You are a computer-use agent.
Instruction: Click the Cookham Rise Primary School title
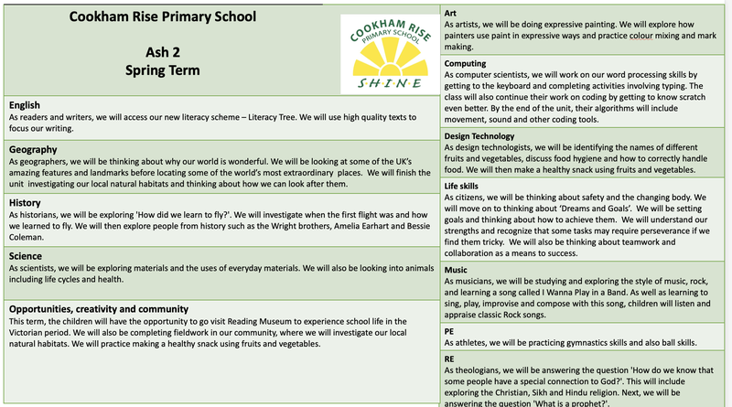[x=164, y=16]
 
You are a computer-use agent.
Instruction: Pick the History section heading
[x=26, y=202]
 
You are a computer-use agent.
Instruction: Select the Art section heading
[x=450, y=14]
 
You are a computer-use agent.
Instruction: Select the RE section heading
[x=449, y=360]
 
